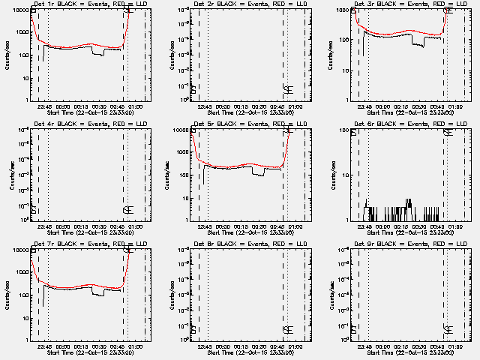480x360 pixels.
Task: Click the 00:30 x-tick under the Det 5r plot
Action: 260,223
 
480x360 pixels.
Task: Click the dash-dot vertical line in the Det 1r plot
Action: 145,52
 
